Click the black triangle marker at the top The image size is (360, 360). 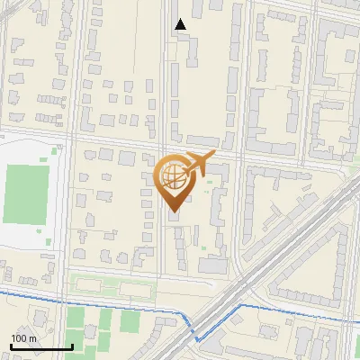click(181, 24)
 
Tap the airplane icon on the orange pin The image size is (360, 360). click(198, 163)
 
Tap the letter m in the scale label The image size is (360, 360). click(33, 338)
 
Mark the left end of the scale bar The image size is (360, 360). click(11, 347)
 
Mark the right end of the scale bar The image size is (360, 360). click(72, 347)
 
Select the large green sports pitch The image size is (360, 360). click(24, 193)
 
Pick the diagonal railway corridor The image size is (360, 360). click(270, 261)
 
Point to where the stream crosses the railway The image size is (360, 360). click(209, 329)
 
